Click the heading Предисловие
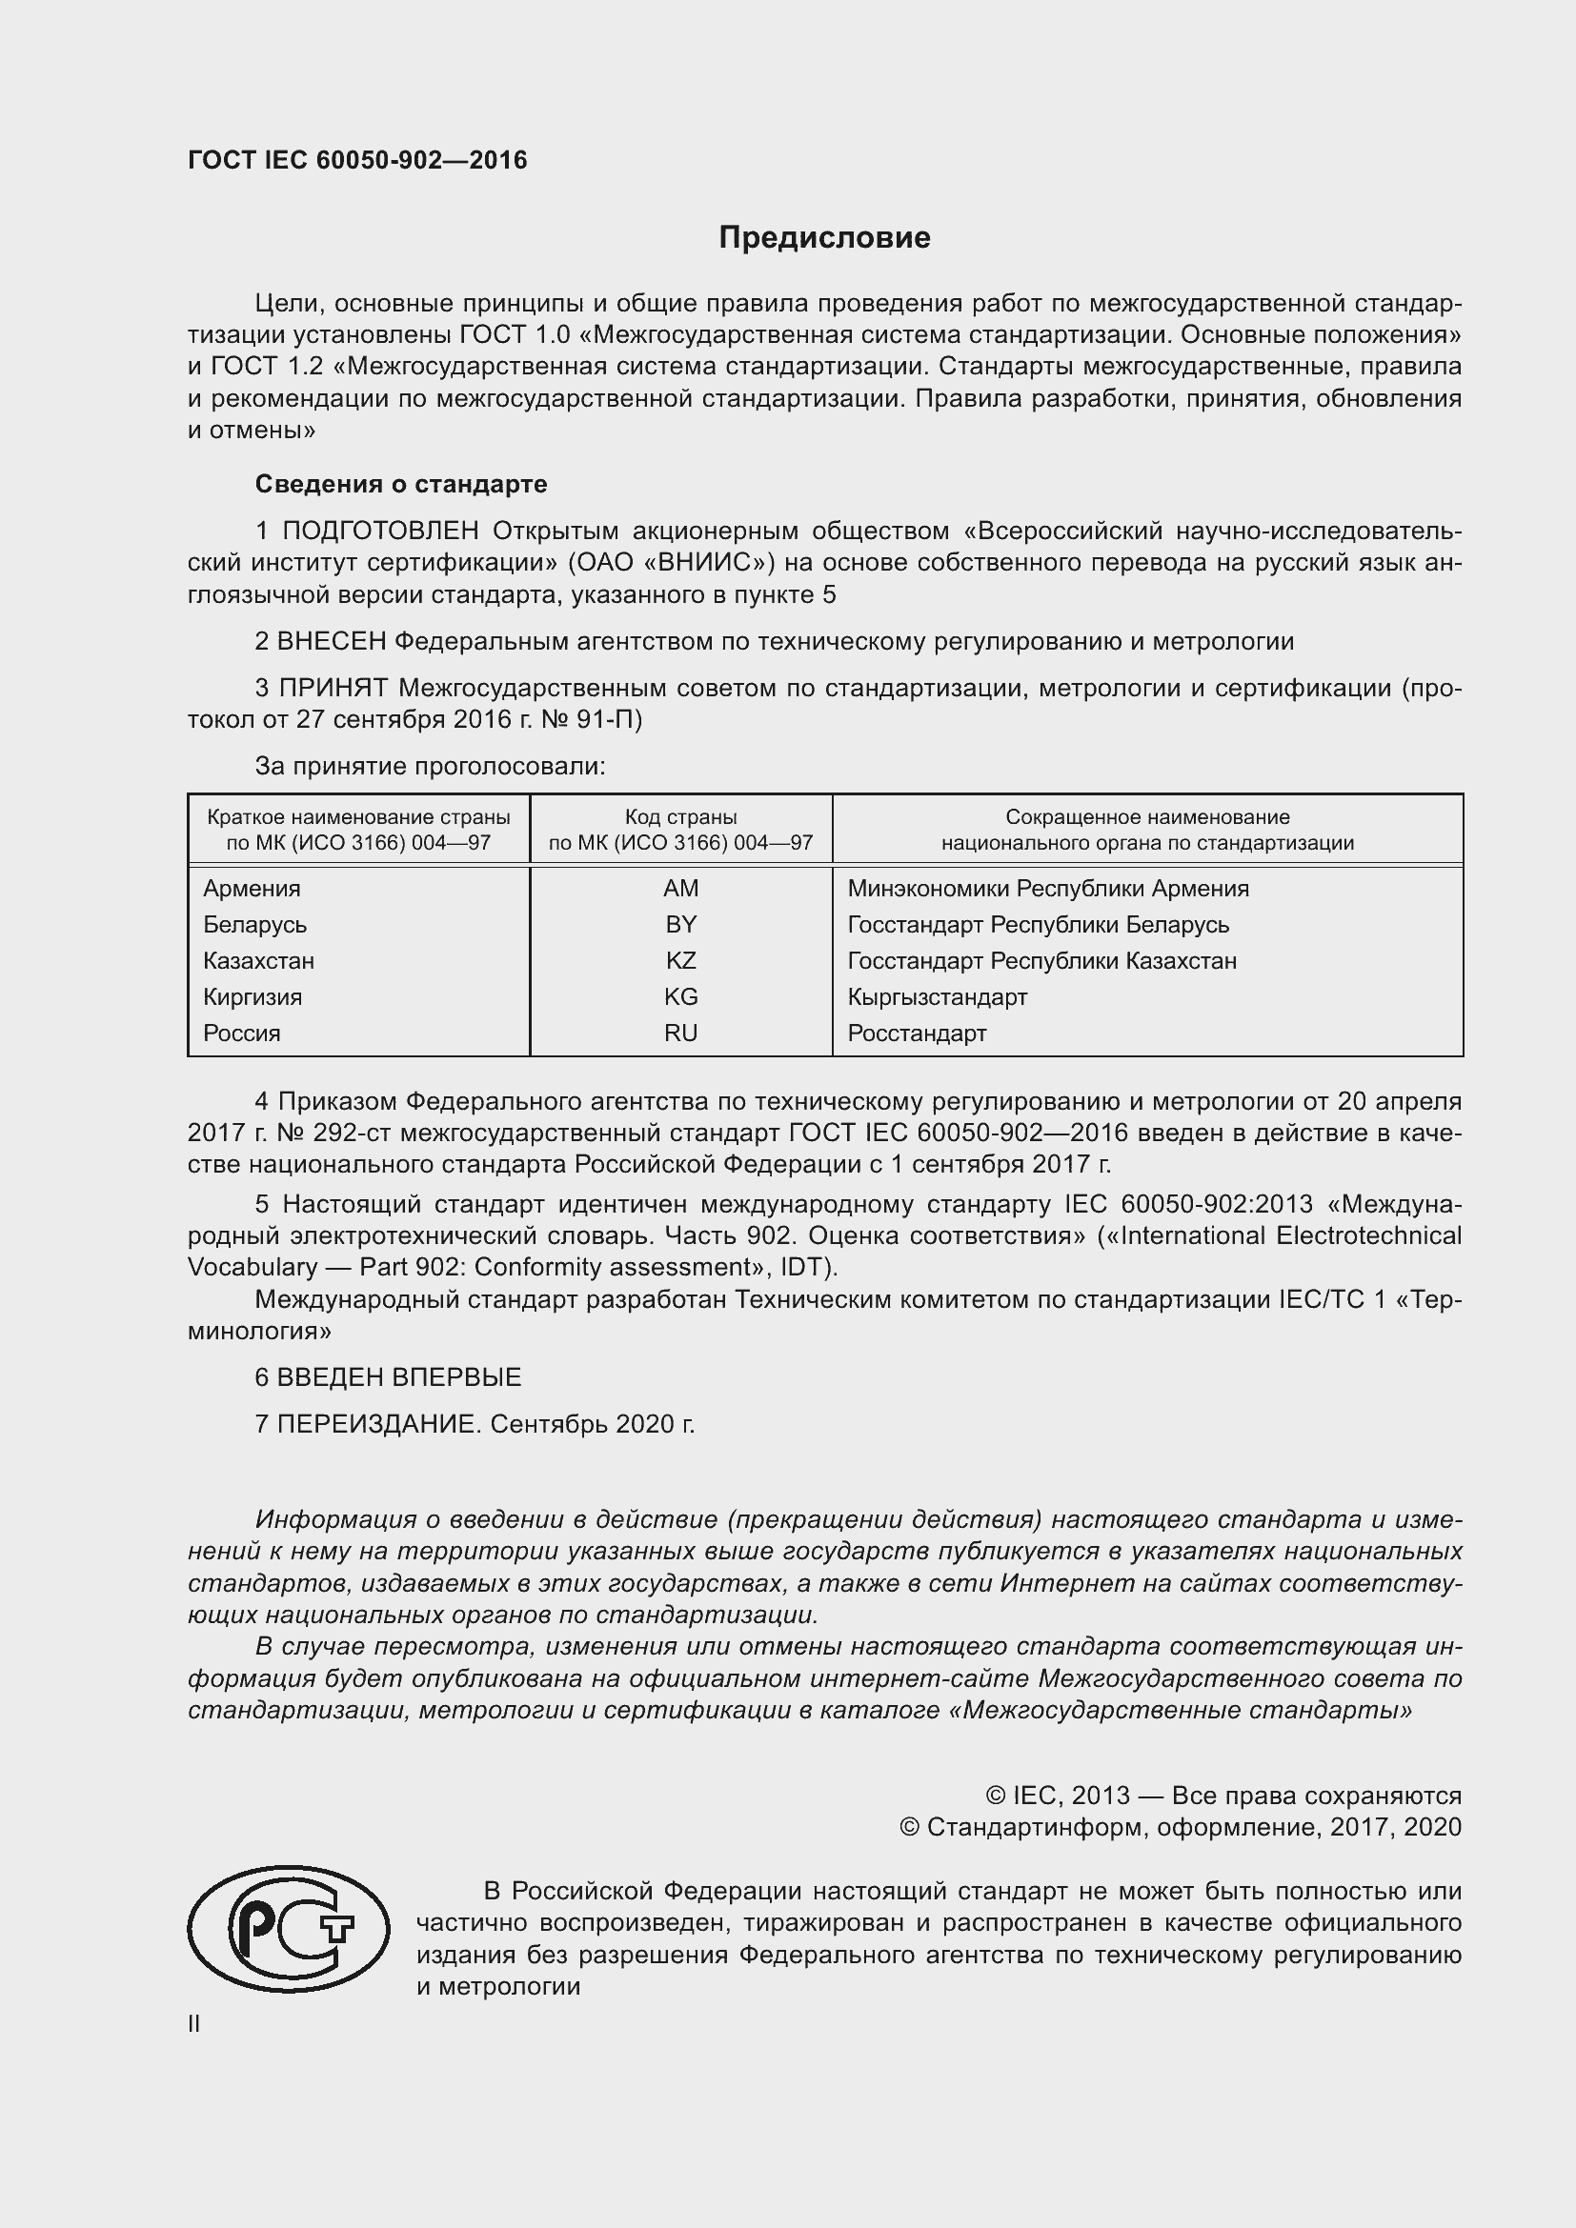pyautogui.click(x=824, y=237)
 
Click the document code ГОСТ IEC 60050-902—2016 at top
pyautogui.click(x=357, y=160)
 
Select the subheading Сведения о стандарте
pyautogui.click(x=401, y=483)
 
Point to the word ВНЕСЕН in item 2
pyautogui.click(x=332, y=641)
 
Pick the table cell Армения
pyautogui.click(x=252, y=888)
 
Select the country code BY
pyautogui.click(x=680, y=924)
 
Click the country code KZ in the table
pyautogui.click(x=680, y=961)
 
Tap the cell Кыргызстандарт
pyautogui.click(x=937, y=996)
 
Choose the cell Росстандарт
pyautogui.click(x=916, y=1033)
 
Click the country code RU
pyautogui.click(x=680, y=1033)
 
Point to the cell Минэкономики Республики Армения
pyautogui.click(x=1047, y=888)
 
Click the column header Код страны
pyautogui.click(x=680, y=817)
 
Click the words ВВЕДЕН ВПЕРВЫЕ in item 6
pyautogui.click(x=399, y=1377)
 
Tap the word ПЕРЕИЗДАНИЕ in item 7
pyautogui.click(x=377, y=1423)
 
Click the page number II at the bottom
pyautogui.click(x=194, y=2023)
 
